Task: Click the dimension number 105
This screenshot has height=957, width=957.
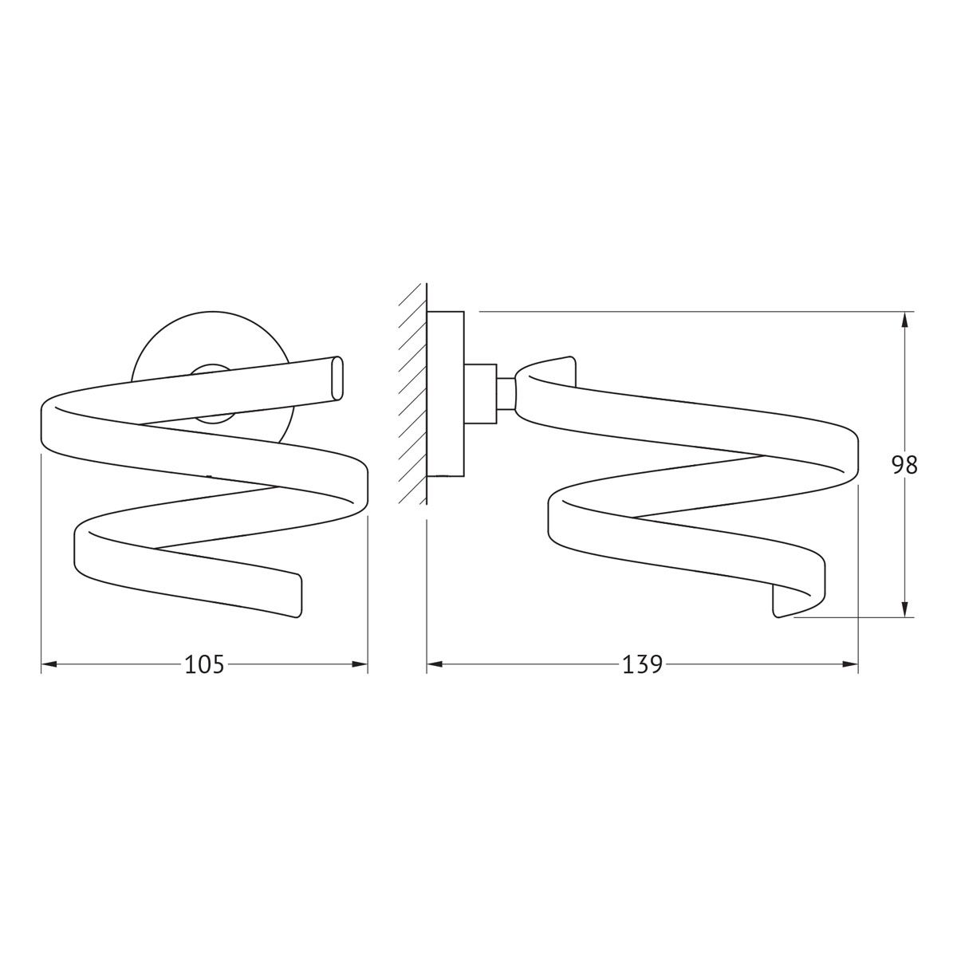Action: tap(204, 664)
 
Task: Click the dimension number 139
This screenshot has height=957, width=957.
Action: tap(642, 664)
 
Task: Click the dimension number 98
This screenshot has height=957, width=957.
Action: tap(904, 465)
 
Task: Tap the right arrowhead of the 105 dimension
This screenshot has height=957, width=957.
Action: tap(360, 664)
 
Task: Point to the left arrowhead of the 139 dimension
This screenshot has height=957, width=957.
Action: tap(435, 664)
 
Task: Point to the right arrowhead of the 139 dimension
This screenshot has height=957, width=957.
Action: tap(850, 664)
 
